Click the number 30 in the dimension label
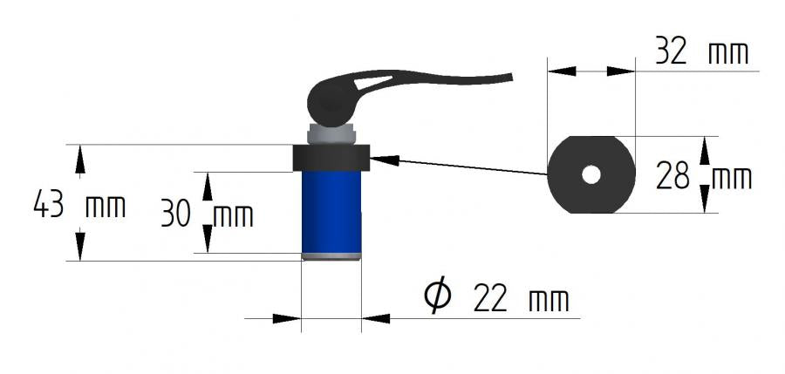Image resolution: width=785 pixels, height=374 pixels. [x=176, y=214]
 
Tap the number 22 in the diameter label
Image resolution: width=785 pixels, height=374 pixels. [x=489, y=299]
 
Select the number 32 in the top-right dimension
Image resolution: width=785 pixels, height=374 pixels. [x=672, y=52]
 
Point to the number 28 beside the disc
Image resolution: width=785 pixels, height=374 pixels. [x=672, y=178]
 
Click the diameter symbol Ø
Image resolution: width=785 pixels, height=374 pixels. [x=438, y=296]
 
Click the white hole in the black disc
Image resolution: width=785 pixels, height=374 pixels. [x=590, y=174]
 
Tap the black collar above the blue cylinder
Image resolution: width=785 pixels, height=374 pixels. [x=331, y=158]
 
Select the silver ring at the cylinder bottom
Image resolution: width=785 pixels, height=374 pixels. [x=331, y=255]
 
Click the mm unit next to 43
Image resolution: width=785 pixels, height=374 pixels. [x=106, y=207]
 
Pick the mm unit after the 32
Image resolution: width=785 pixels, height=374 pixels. [x=727, y=53]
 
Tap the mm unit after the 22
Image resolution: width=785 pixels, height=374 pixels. [x=549, y=301]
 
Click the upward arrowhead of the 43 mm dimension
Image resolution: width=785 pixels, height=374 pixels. [x=80, y=157]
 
